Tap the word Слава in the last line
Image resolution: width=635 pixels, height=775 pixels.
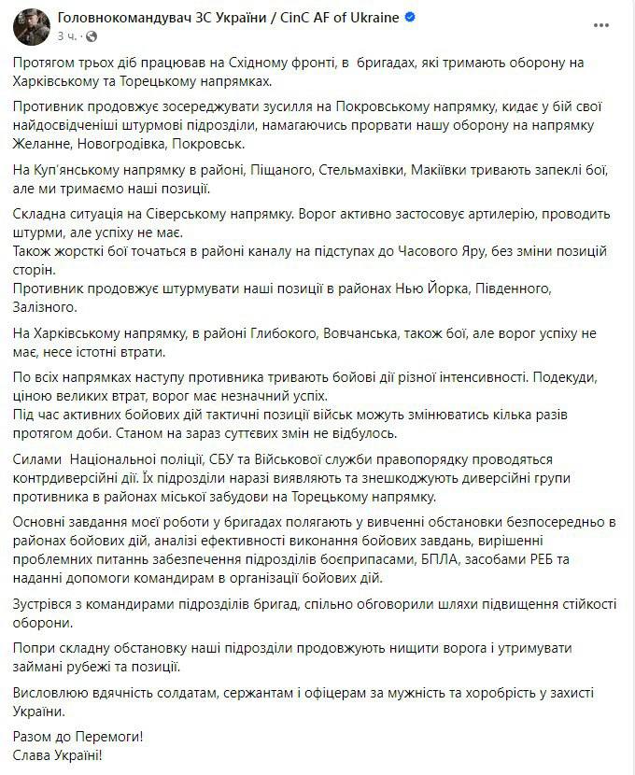[35, 754]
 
